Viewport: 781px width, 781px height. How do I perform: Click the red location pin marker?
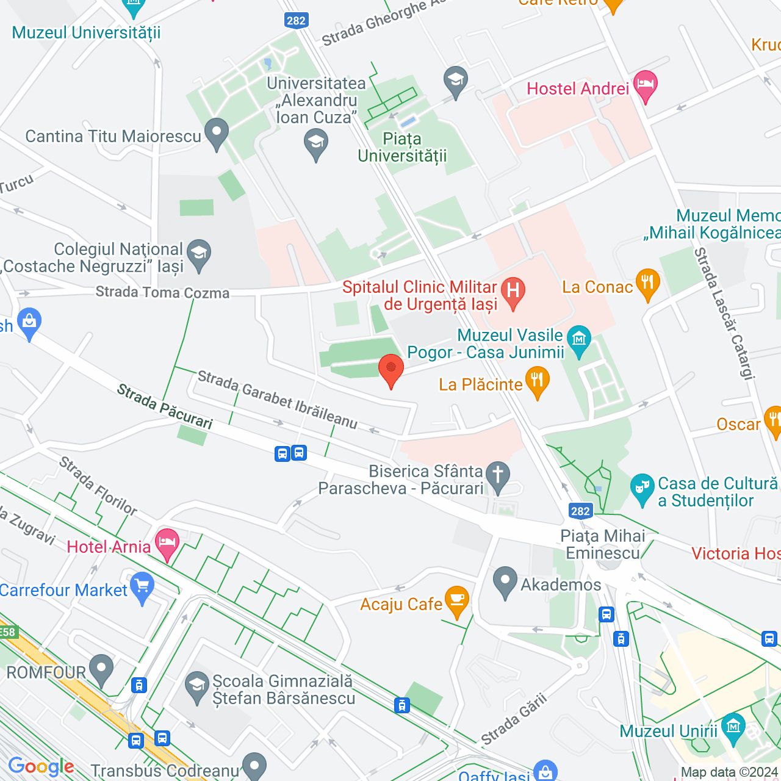pyautogui.click(x=391, y=370)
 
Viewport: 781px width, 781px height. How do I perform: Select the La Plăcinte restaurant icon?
pyautogui.click(x=537, y=381)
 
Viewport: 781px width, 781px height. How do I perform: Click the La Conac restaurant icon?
pyautogui.click(x=647, y=284)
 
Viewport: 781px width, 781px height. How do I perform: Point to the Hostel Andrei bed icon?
pyautogui.click(x=645, y=85)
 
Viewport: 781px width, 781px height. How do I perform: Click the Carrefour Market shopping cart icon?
pyautogui.click(x=143, y=587)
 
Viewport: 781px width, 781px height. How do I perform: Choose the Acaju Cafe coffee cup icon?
pyautogui.click(x=456, y=600)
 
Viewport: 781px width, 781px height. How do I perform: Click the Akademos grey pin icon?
pyautogui.click(x=505, y=581)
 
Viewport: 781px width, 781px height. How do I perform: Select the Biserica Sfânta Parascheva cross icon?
pyautogui.click(x=498, y=476)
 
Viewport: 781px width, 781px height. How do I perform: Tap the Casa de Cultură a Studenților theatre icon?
pyautogui.click(x=642, y=488)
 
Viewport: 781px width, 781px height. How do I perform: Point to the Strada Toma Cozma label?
pyautogui.click(x=162, y=292)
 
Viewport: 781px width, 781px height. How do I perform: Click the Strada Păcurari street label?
pyautogui.click(x=165, y=406)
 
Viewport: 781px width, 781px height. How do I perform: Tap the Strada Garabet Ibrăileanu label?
pyautogui.click(x=278, y=400)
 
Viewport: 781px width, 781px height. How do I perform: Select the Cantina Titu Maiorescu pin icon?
pyautogui.click(x=216, y=133)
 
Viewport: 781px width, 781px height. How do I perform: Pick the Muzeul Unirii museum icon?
pyautogui.click(x=733, y=727)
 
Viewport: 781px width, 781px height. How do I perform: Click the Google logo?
pyautogui.click(x=41, y=766)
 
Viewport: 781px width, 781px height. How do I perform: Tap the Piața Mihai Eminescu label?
pyautogui.click(x=602, y=544)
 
